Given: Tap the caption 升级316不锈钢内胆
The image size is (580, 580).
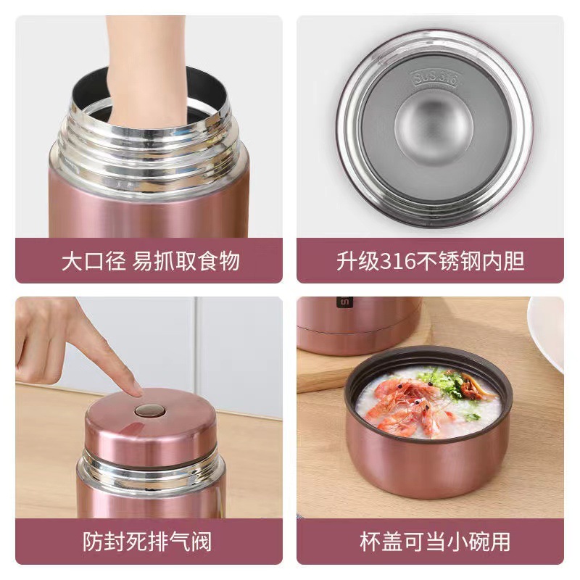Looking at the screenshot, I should (430, 260).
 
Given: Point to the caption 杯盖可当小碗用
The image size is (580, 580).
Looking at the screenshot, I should (430, 541).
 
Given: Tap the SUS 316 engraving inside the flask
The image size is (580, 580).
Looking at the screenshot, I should (434, 78).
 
